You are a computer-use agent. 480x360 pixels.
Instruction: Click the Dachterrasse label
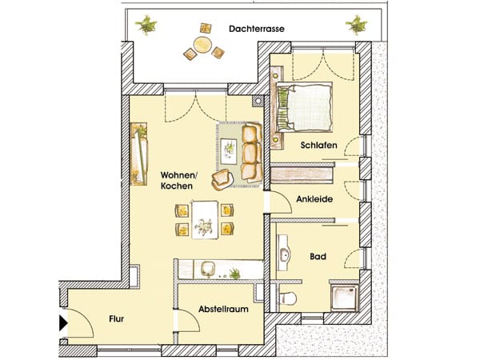pos(257,29)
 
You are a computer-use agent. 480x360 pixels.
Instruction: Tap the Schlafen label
pos(318,145)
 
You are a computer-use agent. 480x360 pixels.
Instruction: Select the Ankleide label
pos(314,199)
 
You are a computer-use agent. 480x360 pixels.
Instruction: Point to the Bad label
pos(318,256)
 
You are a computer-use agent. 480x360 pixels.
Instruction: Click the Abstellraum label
pos(223,309)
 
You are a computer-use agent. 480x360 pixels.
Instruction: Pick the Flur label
pos(116,319)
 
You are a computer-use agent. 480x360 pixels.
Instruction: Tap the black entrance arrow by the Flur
pos(63,323)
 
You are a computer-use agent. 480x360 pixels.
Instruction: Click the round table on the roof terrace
pos(202,45)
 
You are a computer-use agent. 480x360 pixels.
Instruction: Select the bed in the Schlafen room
pos(304,107)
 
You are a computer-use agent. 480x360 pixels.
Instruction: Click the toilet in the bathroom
pos(288,298)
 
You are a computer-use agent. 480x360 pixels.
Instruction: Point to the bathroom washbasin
pos(283,253)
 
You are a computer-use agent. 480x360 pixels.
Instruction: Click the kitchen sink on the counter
pos(208,270)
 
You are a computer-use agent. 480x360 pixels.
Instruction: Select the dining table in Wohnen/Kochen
pos(205,219)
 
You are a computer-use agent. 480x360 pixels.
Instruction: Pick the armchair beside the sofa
pos(223,179)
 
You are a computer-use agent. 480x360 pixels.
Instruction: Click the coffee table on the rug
pos(229,151)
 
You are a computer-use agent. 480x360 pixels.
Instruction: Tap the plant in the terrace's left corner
pos(146,25)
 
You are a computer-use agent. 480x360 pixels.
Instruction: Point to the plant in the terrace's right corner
pos(356,24)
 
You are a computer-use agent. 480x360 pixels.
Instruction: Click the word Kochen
pos(177,186)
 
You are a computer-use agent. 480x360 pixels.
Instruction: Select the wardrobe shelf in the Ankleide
pos(302,174)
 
